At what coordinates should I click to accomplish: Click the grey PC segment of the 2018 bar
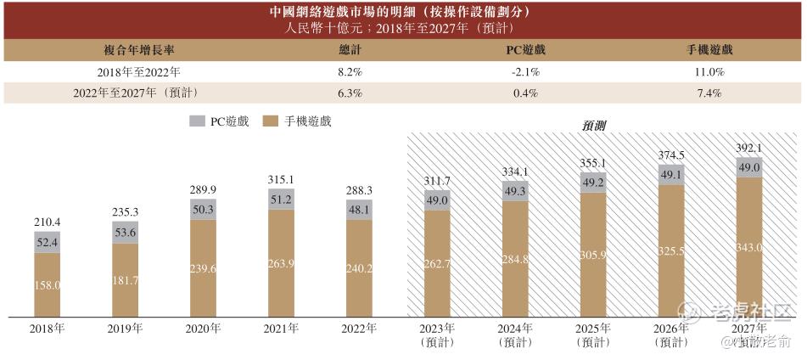[x=47, y=243]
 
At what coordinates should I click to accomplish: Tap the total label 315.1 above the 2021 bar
[x=280, y=179]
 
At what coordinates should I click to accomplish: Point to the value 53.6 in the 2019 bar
[x=126, y=233]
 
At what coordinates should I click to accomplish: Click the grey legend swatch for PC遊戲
[x=197, y=121]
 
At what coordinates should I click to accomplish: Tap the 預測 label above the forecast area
[x=593, y=125]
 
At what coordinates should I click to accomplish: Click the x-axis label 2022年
[x=360, y=329]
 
